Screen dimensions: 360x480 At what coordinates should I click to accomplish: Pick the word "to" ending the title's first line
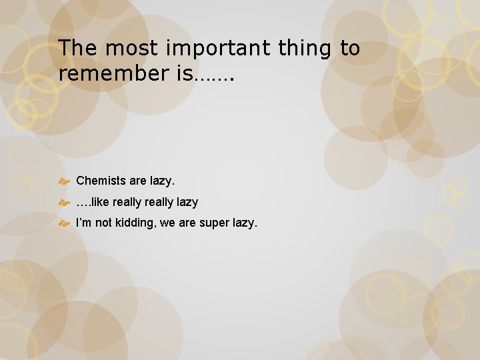click(350, 49)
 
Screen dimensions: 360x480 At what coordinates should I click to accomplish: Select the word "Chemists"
click(101, 181)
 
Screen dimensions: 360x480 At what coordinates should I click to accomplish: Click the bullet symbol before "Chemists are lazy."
click(65, 181)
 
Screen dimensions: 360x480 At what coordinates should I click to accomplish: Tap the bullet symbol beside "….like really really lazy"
click(65, 202)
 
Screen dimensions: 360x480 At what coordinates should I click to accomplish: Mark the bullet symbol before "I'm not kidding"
click(65, 223)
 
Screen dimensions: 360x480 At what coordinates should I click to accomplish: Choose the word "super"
click(211, 223)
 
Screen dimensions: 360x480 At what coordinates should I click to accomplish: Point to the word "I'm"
click(84, 223)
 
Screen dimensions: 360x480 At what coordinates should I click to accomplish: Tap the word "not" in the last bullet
click(104, 223)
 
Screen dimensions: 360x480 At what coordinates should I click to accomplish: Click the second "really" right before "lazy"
click(161, 202)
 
